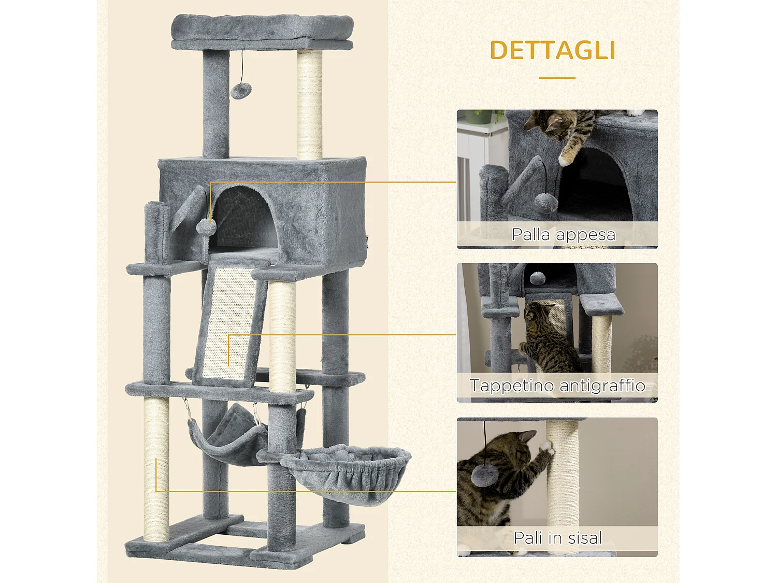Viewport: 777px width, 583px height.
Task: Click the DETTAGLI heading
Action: pyautogui.click(x=553, y=51)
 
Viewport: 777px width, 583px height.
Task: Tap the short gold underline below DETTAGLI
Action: pyautogui.click(x=557, y=78)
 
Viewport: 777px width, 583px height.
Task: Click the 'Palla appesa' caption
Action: pyautogui.click(x=564, y=235)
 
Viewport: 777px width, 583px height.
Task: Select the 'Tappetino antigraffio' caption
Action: pyautogui.click(x=557, y=386)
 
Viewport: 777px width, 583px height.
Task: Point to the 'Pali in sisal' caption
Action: pyautogui.click(x=558, y=538)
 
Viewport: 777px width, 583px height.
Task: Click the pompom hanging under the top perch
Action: pyautogui.click(x=241, y=91)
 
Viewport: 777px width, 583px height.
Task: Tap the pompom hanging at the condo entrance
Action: pyautogui.click(x=206, y=226)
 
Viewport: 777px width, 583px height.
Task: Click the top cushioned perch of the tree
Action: pyautogui.click(x=262, y=29)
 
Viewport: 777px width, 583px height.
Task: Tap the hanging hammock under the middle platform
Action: pyautogui.click(x=228, y=435)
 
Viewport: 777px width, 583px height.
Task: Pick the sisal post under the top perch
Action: pyautogui.click(x=310, y=104)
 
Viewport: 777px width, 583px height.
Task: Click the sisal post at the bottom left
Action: pyautogui.click(x=156, y=466)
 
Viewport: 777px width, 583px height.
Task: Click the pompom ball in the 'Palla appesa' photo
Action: pyautogui.click(x=546, y=202)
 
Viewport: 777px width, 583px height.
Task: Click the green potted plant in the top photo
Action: pyautogui.click(x=479, y=116)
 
